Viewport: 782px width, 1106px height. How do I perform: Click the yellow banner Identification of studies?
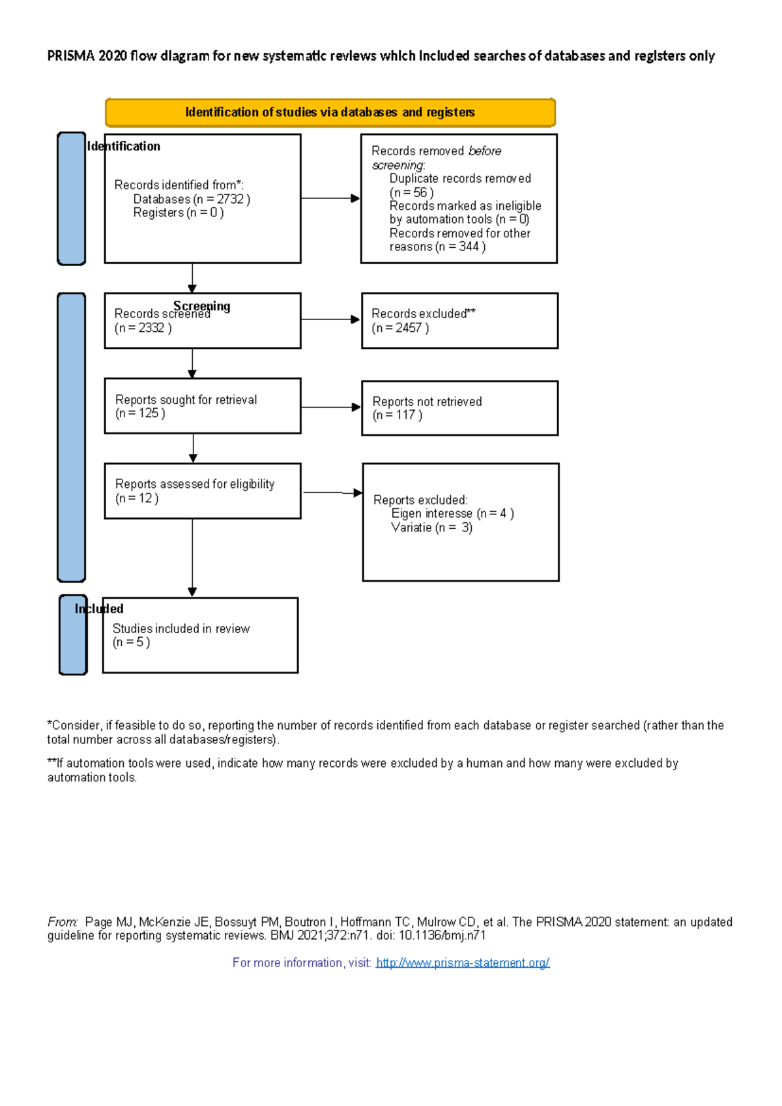coord(330,112)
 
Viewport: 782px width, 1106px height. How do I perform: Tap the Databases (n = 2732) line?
coord(192,199)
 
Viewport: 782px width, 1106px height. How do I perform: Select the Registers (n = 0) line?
coord(178,213)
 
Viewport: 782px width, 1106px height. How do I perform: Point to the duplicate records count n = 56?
coord(411,192)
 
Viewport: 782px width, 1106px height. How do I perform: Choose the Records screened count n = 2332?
coord(143,328)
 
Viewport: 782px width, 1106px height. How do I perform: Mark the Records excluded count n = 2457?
coord(400,328)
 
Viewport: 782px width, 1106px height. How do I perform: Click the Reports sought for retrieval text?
coord(186,400)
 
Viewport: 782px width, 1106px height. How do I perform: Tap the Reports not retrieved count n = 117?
coord(397,415)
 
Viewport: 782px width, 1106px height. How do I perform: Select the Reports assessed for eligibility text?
coord(194,484)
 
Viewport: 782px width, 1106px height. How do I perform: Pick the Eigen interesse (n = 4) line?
coord(452,513)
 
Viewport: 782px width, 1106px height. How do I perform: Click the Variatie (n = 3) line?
coord(431,528)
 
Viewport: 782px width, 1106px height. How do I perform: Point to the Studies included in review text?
coord(181,629)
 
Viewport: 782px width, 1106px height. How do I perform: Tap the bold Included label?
coord(99,608)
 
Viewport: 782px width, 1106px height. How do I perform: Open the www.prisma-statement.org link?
coord(463,963)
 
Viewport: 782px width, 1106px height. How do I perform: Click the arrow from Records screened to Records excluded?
coord(330,320)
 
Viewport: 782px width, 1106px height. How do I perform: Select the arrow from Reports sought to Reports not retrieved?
coord(330,407)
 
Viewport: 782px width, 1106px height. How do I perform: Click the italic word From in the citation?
coord(62,922)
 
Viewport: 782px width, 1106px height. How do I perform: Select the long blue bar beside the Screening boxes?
coord(72,437)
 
